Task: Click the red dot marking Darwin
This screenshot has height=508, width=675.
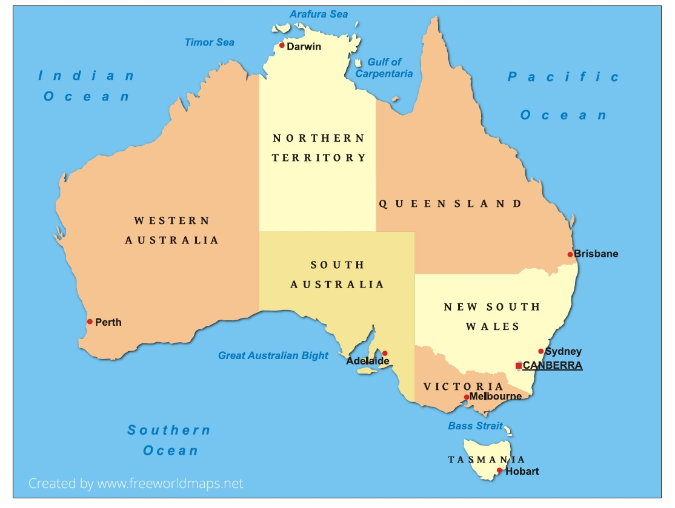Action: click(282, 45)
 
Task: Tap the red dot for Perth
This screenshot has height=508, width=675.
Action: click(90, 322)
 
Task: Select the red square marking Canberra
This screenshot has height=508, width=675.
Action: click(519, 366)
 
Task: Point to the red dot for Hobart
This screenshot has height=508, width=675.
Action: click(499, 470)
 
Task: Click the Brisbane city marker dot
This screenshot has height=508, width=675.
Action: click(570, 254)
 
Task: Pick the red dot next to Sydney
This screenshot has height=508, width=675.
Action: click(541, 351)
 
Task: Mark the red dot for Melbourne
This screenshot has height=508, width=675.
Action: click(466, 397)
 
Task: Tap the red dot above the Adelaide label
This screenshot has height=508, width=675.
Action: click(384, 353)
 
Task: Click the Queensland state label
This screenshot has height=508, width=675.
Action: click(450, 204)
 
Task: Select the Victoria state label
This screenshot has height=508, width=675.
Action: click(463, 386)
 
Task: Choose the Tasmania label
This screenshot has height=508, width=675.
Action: click(487, 460)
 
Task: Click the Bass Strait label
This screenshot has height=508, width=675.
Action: click(476, 426)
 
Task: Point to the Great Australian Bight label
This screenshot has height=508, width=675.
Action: click(273, 355)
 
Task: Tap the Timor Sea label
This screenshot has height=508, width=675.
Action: click(210, 42)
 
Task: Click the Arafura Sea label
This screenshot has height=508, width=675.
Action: click(319, 14)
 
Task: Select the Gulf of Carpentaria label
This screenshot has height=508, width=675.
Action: click(384, 68)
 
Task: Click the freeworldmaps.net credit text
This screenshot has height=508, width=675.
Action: click(136, 483)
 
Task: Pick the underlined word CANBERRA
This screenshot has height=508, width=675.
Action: click(552, 366)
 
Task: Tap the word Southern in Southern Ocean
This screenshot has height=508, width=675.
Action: click(169, 430)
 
